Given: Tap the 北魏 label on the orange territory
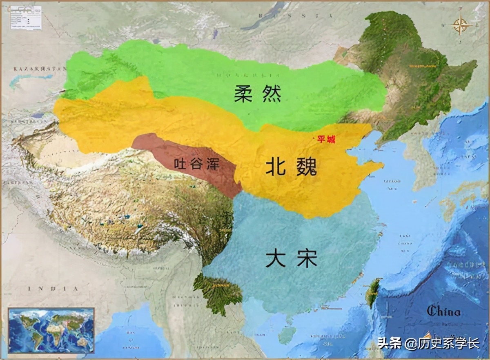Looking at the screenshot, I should click(291, 167).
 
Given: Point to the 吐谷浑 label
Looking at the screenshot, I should click(197, 164).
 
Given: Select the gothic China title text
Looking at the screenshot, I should click(443, 311).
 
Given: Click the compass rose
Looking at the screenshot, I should click(461, 25).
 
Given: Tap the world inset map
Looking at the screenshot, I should click(51, 330).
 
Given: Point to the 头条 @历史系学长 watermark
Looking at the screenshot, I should click(428, 343).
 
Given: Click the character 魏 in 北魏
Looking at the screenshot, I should click(305, 167).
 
